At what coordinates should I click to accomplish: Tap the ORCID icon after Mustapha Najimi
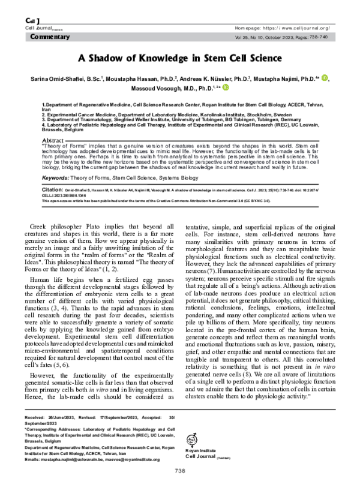pyautogui.click(x=325, y=78)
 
